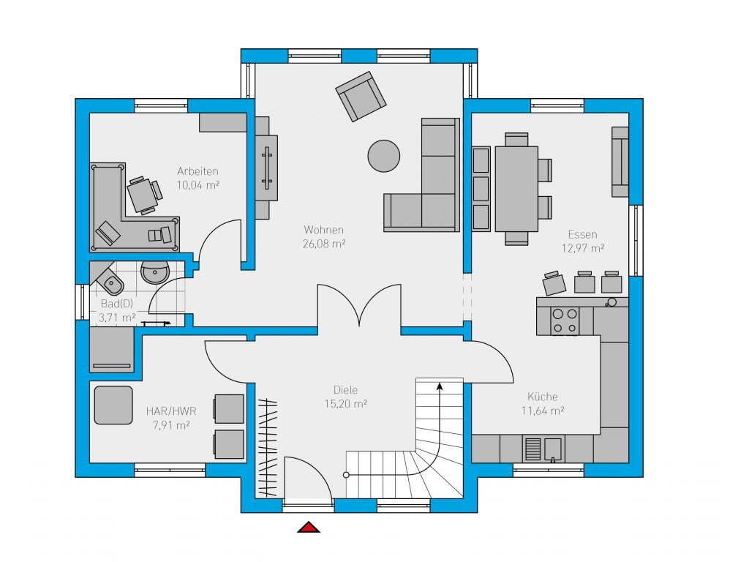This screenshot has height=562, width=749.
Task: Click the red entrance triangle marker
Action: [x=309, y=527]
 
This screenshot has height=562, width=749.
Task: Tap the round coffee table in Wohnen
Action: [x=383, y=156]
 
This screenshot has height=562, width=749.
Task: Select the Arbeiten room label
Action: [x=197, y=171]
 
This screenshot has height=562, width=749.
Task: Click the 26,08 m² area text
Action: [x=324, y=244]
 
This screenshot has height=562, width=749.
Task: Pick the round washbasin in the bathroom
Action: [x=155, y=272]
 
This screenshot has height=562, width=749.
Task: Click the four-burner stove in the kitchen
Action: [x=565, y=321]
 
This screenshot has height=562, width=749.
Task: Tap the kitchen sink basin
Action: [x=554, y=450]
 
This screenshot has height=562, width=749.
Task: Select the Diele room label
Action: [x=345, y=390]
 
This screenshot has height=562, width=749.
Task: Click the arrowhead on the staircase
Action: [x=440, y=386]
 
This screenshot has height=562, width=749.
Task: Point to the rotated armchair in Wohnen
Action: [x=361, y=97]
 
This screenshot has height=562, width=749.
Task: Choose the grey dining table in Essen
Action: [x=516, y=189]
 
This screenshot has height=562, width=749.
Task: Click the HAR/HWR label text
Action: [x=171, y=411]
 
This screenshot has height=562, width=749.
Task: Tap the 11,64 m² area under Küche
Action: [x=543, y=411]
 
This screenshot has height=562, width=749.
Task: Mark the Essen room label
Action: [x=582, y=235]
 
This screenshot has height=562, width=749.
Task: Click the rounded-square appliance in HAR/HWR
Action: [x=113, y=405]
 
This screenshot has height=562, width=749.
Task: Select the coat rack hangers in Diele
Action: [x=268, y=448]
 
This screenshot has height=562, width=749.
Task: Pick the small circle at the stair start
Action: [x=346, y=475]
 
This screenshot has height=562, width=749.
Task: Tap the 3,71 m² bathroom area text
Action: [x=117, y=318]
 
